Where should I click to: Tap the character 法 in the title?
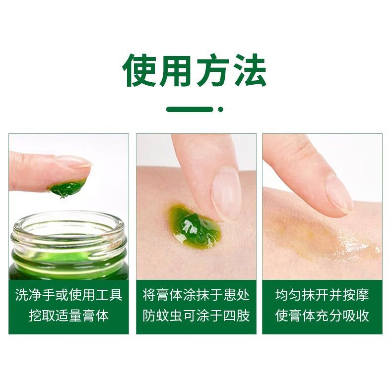point(249,70)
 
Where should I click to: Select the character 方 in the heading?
point(213,70)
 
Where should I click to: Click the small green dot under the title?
point(220,109)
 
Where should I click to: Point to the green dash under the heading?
point(190,109)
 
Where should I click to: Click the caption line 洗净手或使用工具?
point(69,295)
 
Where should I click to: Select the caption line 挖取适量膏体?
point(69,316)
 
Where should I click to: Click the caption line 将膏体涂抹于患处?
point(196,295)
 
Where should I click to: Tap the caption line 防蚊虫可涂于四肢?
point(196,316)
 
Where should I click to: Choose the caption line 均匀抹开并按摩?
point(322,295)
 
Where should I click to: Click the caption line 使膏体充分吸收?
point(322,316)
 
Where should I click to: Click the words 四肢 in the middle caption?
point(237,316)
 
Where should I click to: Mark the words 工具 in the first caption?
point(109,295)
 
